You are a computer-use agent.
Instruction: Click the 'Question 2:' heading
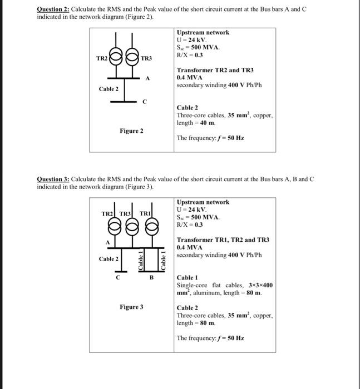pos(53,9)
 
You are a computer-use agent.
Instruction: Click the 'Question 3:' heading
pos(53,179)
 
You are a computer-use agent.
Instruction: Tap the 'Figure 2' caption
pos(131,131)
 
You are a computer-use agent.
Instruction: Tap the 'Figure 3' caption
pos(131,307)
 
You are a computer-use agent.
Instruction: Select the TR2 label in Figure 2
pos(102,58)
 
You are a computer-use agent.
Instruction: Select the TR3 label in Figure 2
pos(146,58)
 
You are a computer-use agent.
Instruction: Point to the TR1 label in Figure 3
pos(145,214)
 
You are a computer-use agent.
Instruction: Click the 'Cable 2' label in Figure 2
pos(109,89)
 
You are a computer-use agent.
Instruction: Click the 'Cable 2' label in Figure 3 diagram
pos(109,259)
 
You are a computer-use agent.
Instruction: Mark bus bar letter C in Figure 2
pos(144,102)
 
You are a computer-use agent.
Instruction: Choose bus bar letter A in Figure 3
pos(107,242)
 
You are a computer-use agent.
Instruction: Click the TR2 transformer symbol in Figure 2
pos(116,57)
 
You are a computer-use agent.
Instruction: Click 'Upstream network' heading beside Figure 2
pos(203,32)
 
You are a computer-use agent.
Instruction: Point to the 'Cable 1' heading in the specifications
pos(187,277)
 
